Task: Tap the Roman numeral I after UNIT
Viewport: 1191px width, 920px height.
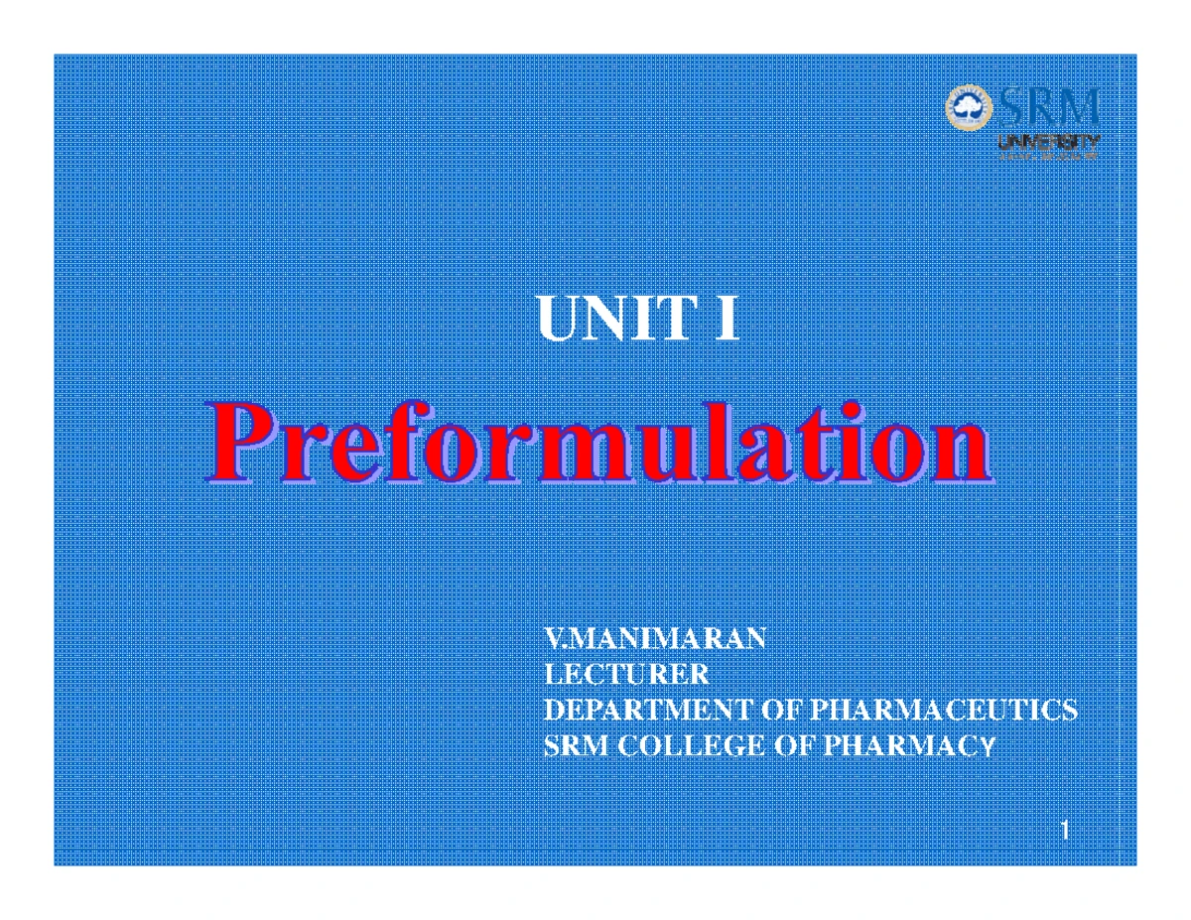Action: click(727, 320)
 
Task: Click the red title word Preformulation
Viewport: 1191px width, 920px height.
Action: click(597, 446)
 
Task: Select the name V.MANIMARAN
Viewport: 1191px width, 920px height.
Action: click(655, 638)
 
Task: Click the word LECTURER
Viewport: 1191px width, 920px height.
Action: click(627, 675)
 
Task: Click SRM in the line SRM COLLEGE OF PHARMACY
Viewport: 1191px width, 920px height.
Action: click(576, 746)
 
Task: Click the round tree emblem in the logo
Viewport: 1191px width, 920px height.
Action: click(966, 106)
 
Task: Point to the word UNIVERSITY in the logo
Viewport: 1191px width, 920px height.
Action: click(1047, 141)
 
